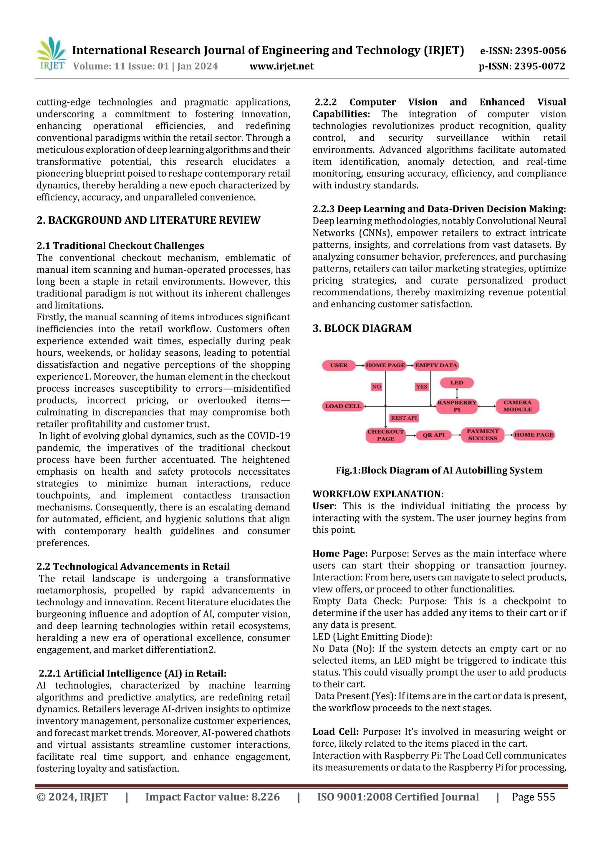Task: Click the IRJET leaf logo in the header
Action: coord(51,54)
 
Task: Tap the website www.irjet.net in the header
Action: coord(281,67)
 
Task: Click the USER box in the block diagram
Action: coord(339,365)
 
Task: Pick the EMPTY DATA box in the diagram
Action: coord(436,365)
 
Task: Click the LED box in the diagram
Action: coord(457,383)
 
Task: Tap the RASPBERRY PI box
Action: coord(457,406)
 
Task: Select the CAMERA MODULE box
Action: coord(517,406)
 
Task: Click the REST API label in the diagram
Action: coord(404,418)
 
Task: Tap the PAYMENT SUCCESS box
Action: coord(482,435)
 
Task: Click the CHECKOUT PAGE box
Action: coord(386,435)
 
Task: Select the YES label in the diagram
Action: coord(421,387)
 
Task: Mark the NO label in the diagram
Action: coord(376,387)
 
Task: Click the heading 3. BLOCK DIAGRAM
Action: coord(362,328)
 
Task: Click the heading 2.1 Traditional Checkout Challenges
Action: coord(120,246)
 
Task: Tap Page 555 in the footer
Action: coord(533,797)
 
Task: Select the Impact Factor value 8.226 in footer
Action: coord(213,797)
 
